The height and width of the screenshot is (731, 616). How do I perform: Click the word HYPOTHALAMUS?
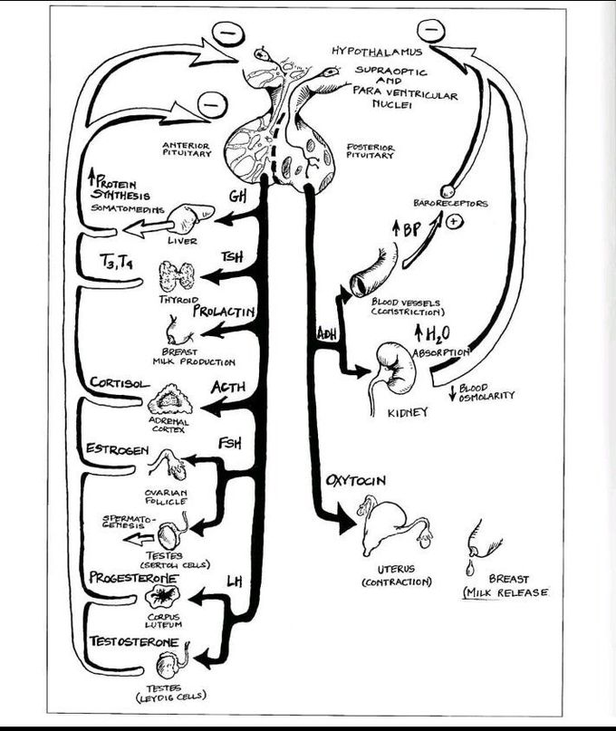pyautogui.click(x=377, y=52)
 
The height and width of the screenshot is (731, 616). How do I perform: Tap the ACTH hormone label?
pyautogui.click(x=228, y=388)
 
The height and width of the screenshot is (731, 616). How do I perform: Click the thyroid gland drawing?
pyautogui.click(x=177, y=276)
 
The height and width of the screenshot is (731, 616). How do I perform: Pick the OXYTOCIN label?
pyautogui.click(x=356, y=481)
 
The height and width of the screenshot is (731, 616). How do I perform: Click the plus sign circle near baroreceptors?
pyautogui.click(x=452, y=221)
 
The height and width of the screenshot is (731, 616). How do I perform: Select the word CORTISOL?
pyautogui.click(x=120, y=383)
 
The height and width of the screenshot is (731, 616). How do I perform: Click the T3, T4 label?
pyautogui.click(x=117, y=263)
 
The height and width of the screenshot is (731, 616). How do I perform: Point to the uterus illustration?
pyautogui.click(x=396, y=524)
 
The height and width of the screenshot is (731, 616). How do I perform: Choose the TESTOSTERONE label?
pyautogui.click(x=134, y=642)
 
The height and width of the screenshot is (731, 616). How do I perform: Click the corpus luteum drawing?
pyautogui.click(x=163, y=596)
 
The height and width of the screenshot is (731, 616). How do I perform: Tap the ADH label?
pyautogui.click(x=327, y=334)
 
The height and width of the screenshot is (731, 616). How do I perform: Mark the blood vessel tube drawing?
pyautogui.click(x=374, y=271)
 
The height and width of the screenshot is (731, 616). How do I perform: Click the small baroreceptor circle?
pyautogui.click(x=448, y=190)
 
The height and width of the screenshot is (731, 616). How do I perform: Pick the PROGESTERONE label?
pyautogui.click(x=134, y=578)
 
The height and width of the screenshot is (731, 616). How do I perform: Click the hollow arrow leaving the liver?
pyautogui.click(x=146, y=228)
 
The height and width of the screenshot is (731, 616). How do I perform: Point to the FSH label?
pyautogui.click(x=230, y=443)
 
